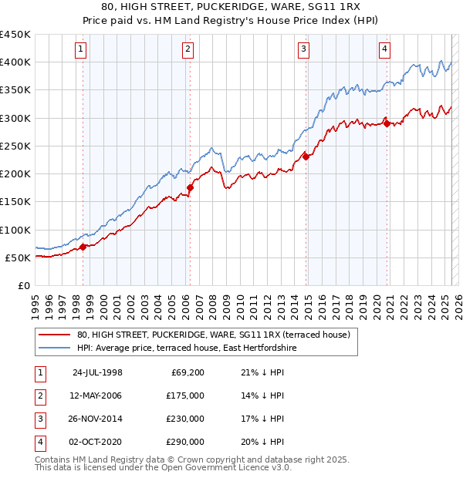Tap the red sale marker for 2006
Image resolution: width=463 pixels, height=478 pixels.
tap(190, 187)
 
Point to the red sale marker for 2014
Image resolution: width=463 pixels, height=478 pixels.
tap(306, 157)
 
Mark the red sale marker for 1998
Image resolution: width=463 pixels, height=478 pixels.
tap(83, 247)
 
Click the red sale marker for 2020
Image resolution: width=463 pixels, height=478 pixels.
tap(387, 123)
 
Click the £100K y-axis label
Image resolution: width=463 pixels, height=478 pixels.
tap(15, 230)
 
